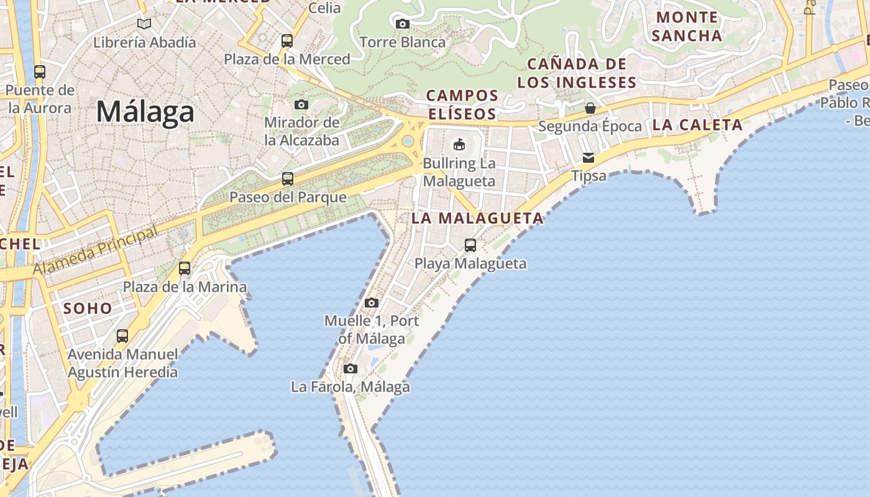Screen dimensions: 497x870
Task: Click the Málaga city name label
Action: [x=145, y=112]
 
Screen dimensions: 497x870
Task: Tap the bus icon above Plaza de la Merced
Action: [x=286, y=41]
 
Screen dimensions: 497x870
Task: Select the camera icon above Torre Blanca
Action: [x=402, y=24]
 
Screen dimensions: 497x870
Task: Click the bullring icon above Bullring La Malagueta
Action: [x=459, y=144]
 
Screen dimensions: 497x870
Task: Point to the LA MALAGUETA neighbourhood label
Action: [x=477, y=218]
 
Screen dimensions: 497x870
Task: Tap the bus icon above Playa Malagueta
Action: [x=470, y=245]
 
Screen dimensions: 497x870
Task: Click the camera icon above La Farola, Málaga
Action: [x=350, y=368]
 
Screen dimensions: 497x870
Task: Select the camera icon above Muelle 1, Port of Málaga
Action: [x=372, y=303]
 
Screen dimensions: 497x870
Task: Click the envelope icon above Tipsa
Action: [x=588, y=157]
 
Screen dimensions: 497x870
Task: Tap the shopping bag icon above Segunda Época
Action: [x=590, y=108]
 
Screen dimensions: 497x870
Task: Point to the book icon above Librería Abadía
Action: [x=144, y=24]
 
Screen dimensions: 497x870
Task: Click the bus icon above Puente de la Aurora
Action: [x=40, y=71]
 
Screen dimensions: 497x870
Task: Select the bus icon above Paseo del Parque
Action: [x=288, y=179]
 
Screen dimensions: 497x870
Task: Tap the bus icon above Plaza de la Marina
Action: [x=185, y=268]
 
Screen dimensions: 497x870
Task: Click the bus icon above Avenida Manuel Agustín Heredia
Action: [x=122, y=336]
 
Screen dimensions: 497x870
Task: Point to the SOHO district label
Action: [x=88, y=308]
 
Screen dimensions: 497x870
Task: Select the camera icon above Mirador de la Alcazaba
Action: [x=301, y=104]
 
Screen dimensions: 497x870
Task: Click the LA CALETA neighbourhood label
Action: [x=697, y=125]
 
